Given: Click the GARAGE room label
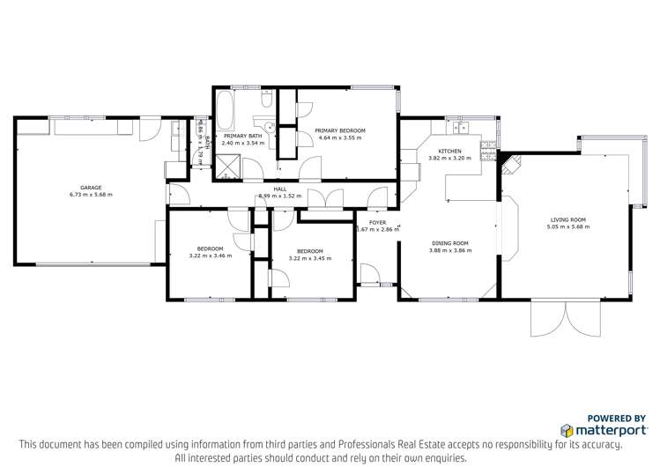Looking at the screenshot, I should pyautogui.click(x=91, y=187).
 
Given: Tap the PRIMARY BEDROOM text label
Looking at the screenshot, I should pyautogui.click(x=340, y=130).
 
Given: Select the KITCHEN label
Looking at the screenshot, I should pyautogui.click(x=449, y=152).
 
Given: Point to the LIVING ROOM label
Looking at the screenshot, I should pyautogui.click(x=568, y=220).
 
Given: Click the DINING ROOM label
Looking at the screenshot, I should pyautogui.click(x=449, y=243).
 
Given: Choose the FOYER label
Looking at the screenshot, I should pyautogui.click(x=377, y=223).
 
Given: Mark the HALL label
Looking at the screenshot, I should pyautogui.click(x=280, y=189).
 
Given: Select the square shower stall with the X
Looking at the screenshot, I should pyautogui.click(x=231, y=166).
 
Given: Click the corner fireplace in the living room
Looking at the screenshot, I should pyautogui.click(x=511, y=161).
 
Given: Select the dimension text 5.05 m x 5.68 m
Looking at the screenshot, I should pyautogui.click(x=568, y=226).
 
